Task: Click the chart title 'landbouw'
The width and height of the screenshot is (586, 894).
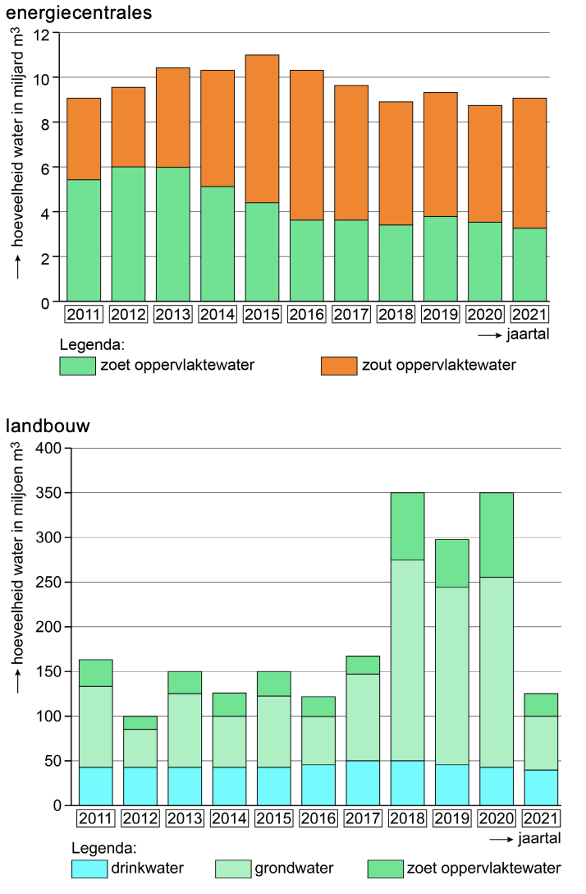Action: click(48, 426)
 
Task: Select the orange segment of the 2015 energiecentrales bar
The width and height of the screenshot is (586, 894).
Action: click(262, 128)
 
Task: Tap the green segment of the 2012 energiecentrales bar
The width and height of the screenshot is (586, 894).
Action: click(128, 234)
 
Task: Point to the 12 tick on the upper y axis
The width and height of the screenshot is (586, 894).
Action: click(43, 34)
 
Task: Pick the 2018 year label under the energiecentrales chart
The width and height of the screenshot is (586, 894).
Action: click(396, 315)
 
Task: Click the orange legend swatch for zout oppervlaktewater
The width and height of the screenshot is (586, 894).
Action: click(339, 366)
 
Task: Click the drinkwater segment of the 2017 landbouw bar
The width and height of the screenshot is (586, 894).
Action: click(363, 782)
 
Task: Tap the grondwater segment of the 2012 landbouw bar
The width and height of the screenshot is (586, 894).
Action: click(140, 747)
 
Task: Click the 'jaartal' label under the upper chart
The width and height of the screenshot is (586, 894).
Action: click(528, 335)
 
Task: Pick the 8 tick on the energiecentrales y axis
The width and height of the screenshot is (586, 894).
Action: click(45, 123)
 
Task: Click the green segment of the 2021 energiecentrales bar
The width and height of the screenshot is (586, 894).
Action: click(529, 265)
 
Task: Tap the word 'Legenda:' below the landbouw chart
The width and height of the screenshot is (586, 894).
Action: click(103, 847)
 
